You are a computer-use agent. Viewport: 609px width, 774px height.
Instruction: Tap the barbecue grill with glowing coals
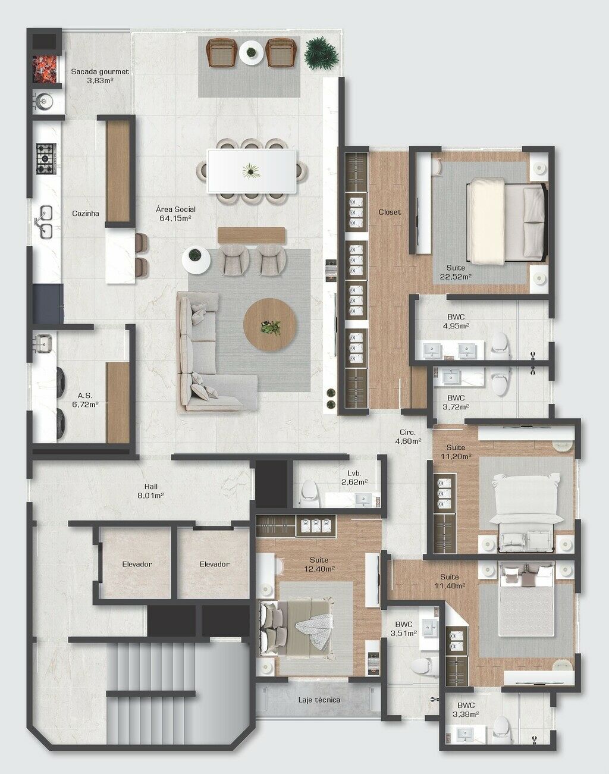(x=45, y=68)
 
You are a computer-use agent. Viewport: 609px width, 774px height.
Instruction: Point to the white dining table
(x=252, y=171)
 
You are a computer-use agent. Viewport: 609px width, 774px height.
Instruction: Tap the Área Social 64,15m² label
(x=175, y=214)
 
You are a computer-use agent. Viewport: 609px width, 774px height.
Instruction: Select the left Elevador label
(x=137, y=564)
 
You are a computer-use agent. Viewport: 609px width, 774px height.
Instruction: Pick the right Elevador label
(x=214, y=564)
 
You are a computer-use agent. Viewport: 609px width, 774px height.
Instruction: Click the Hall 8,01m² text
(x=150, y=490)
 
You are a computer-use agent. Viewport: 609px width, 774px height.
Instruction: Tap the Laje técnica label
(x=319, y=700)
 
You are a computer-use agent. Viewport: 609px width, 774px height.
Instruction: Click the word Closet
(x=390, y=212)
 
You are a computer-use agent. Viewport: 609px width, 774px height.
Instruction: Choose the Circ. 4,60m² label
(x=408, y=437)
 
